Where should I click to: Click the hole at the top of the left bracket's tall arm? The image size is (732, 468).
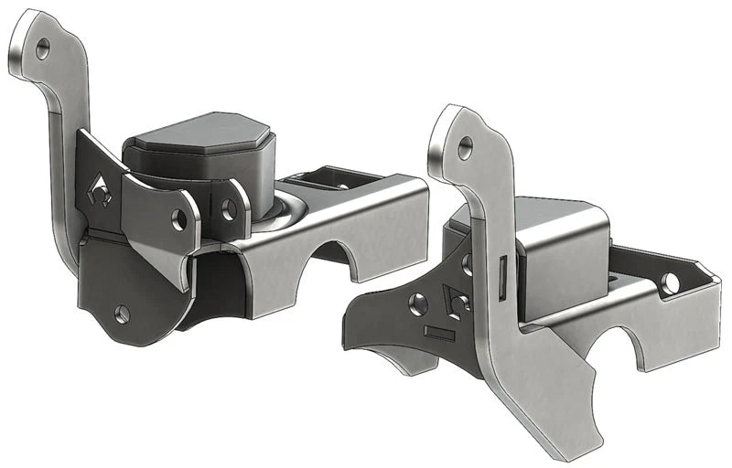(42, 51)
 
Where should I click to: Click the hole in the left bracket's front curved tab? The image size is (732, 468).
(180, 218)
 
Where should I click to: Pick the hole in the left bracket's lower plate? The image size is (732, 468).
(123, 314)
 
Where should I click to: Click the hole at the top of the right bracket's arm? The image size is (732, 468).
(466, 144)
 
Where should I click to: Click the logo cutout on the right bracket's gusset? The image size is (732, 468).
(455, 300)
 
